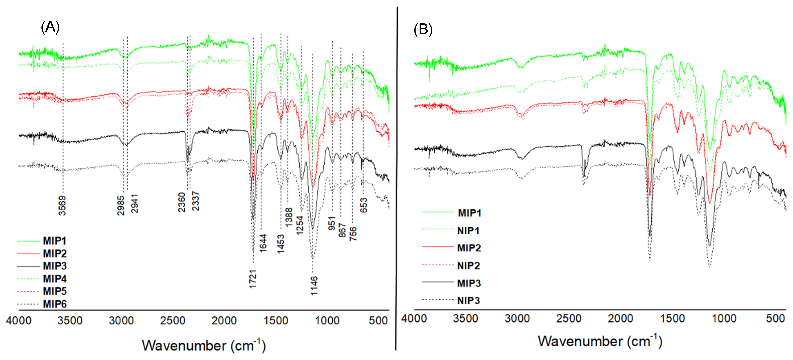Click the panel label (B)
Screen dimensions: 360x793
coord(423,30)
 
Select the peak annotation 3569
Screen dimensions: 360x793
coord(62,206)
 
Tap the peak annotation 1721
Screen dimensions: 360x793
coord(253,279)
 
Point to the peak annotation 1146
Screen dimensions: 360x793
coord(314,286)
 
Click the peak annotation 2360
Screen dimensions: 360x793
coord(182,202)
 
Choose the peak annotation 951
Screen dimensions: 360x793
coord(332,223)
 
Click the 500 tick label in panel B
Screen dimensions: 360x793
coord(775,319)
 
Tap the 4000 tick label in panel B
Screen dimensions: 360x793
coord(414,319)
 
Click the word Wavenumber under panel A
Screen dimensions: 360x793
coord(184,346)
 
